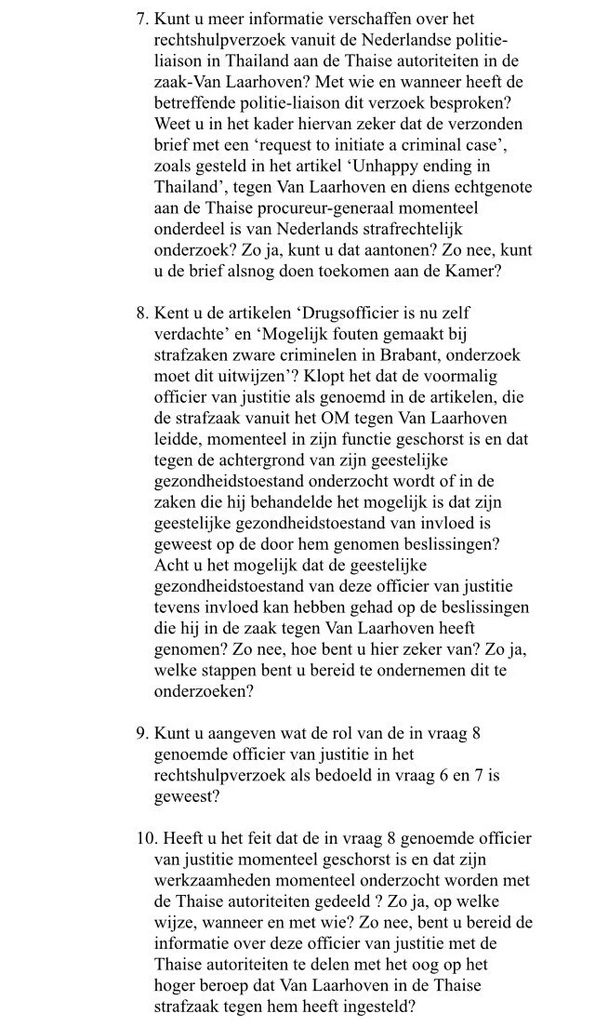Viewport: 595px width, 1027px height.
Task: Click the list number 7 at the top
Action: point(140,19)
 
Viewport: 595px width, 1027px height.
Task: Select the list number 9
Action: point(140,735)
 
